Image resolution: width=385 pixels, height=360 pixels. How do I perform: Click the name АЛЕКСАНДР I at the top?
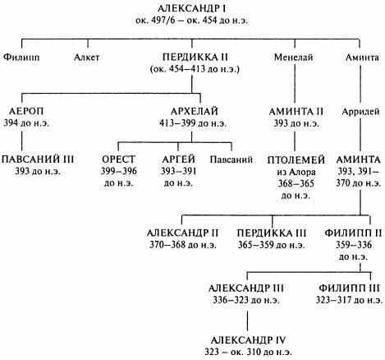click(x=191, y=8)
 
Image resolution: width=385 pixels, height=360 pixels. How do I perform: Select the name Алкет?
click(x=86, y=58)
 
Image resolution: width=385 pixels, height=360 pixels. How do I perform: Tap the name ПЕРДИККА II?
click(x=195, y=57)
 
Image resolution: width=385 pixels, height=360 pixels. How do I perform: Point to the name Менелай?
click(x=294, y=58)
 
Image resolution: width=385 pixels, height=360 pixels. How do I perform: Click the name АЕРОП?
click(x=26, y=111)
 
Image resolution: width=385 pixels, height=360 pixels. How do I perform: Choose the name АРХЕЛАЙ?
click(x=195, y=111)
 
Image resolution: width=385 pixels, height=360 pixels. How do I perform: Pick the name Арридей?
click(x=360, y=112)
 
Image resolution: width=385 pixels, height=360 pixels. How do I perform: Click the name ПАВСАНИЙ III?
click(x=38, y=159)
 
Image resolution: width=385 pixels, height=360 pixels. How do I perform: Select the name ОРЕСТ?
click(x=118, y=159)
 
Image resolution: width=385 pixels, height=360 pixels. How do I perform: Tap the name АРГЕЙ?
click(x=178, y=159)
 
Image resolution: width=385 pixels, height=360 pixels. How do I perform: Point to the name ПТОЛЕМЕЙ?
click(x=296, y=159)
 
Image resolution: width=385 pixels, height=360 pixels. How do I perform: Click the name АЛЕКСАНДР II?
click(x=182, y=233)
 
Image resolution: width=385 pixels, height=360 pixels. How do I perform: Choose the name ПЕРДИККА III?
click(x=272, y=233)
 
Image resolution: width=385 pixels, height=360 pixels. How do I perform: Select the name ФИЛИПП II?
click(x=353, y=233)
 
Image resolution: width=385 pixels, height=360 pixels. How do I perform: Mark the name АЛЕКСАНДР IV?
click(x=248, y=340)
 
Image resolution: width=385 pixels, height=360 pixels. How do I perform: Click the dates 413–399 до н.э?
click(x=193, y=123)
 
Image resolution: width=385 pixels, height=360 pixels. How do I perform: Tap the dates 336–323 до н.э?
click(x=246, y=300)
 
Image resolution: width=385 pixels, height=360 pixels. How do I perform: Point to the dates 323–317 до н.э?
click(x=349, y=300)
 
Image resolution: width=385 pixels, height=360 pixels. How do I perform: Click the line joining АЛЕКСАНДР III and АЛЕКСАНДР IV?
click(x=248, y=321)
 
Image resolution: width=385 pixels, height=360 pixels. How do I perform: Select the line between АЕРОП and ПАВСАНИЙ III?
click(x=22, y=141)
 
